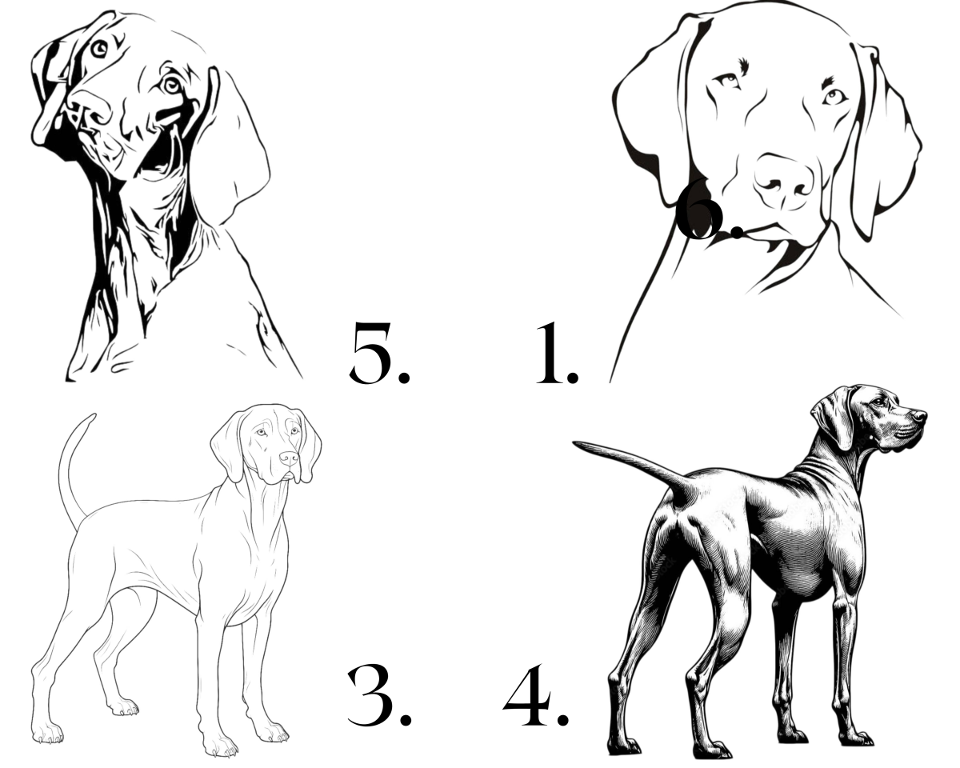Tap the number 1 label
pyautogui.click(x=550, y=353)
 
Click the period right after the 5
pyautogui.click(x=403, y=375)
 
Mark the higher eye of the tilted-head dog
pyautogui.click(x=99, y=48)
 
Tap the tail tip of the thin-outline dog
pyautogui.click(x=94, y=415)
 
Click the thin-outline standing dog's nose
pyautogui.click(x=289, y=458)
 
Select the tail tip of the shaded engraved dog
pyautogui.click(x=575, y=444)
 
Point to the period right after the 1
pyautogui.click(x=572, y=375)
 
